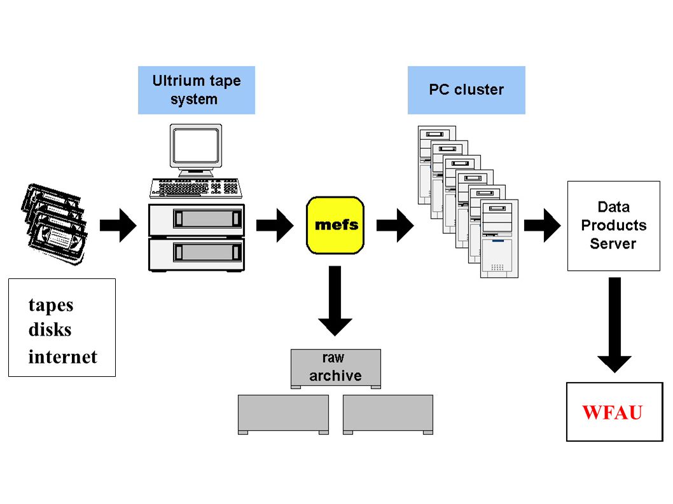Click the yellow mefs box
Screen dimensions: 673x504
pyautogui.click(x=335, y=225)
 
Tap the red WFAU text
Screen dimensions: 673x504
pyautogui.click(x=612, y=412)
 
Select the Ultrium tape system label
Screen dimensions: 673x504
pyautogui.click(x=197, y=90)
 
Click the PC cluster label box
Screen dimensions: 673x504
pyautogui.click(x=466, y=90)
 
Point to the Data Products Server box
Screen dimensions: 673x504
pyautogui.click(x=614, y=226)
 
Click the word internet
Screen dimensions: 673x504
pyautogui.click(x=63, y=357)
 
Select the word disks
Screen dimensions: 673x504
pyautogui.click(x=50, y=330)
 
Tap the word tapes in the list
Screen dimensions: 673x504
pyautogui.click(x=51, y=306)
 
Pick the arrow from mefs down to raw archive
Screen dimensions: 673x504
pyautogui.click(x=335, y=300)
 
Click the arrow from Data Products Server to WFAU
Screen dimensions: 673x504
pyautogui.click(x=614, y=325)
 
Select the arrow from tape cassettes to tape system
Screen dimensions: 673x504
pyautogui.click(x=118, y=225)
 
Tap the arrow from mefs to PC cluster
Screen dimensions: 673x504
pyautogui.click(x=395, y=225)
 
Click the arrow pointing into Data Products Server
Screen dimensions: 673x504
pyautogui.click(x=543, y=225)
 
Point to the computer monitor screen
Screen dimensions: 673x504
pyautogui.click(x=196, y=146)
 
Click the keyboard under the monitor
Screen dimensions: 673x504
pyautogui.click(x=196, y=188)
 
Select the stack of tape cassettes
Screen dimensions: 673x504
pyautogui.click(x=55, y=224)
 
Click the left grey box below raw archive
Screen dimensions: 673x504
pyautogui.click(x=283, y=414)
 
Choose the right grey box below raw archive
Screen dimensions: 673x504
pyautogui.click(x=388, y=414)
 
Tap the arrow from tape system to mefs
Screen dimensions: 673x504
pyautogui.click(x=275, y=225)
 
